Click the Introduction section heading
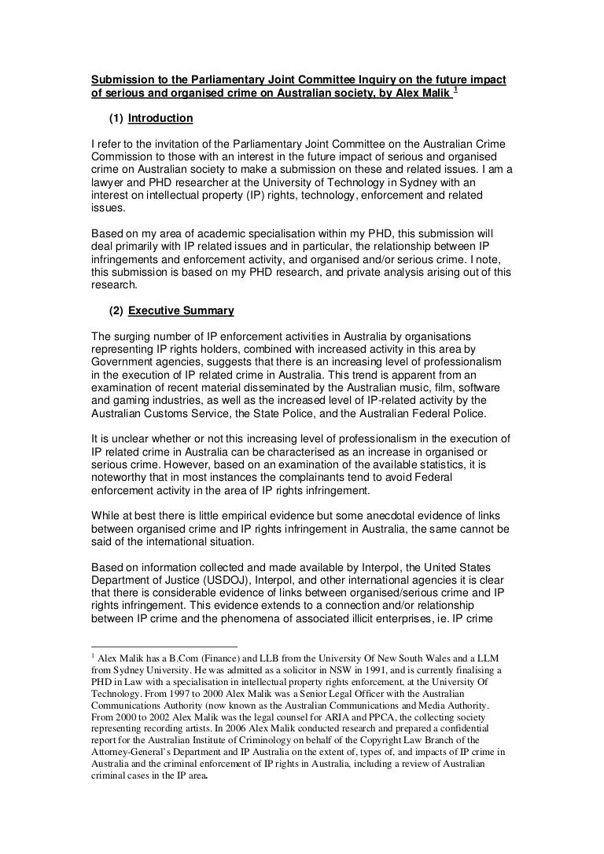pyautogui.click(x=160, y=119)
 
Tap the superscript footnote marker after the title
pyautogui.click(x=457, y=90)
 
